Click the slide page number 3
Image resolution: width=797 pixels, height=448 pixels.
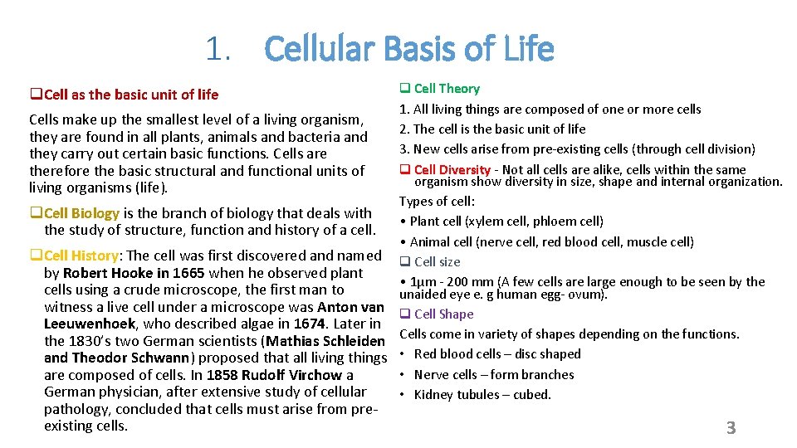click(731, 428)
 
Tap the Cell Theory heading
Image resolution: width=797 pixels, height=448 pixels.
click(447, 88)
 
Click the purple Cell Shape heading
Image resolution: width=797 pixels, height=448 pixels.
click(443, 314)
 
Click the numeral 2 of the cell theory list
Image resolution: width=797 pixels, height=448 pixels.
click(403, 129)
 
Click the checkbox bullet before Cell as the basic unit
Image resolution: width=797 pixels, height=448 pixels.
click(34, 95)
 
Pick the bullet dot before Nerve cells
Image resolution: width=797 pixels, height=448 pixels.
click(403, 374)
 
